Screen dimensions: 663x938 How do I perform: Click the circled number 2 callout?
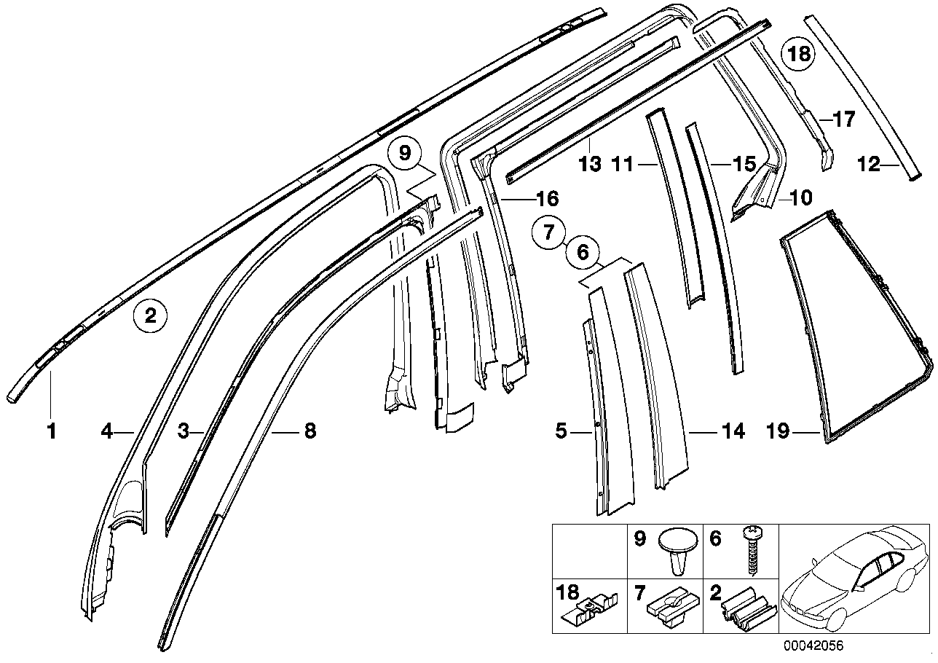pyautogui.click(x=151, y=315)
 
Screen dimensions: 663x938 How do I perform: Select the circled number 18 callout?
pyautogui.click(x=799, y=53)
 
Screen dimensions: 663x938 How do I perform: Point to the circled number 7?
pyautogui.click(x=550, y=232)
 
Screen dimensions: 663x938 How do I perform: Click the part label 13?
pyautogui.click(x=591, y=165)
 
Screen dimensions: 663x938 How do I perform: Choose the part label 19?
pyautogui.click(x=779, y=433)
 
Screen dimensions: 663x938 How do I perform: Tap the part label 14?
pyautogui.click(x=733, y=433)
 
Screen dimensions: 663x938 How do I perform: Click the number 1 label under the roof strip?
pyautogui.click(x=51, y=432)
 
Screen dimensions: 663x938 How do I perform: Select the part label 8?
pyautogui.click(x=310, y=432)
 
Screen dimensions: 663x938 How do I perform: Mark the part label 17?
pyautogui.click(x=844, y=119)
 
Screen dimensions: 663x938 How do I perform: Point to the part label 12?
pyautogui.click(x=868, y=165)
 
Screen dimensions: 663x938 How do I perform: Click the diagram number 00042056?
pyautogui.click(x=813, y=646)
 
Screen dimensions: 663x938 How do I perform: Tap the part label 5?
pyautogui.click(x=561, y=432)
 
